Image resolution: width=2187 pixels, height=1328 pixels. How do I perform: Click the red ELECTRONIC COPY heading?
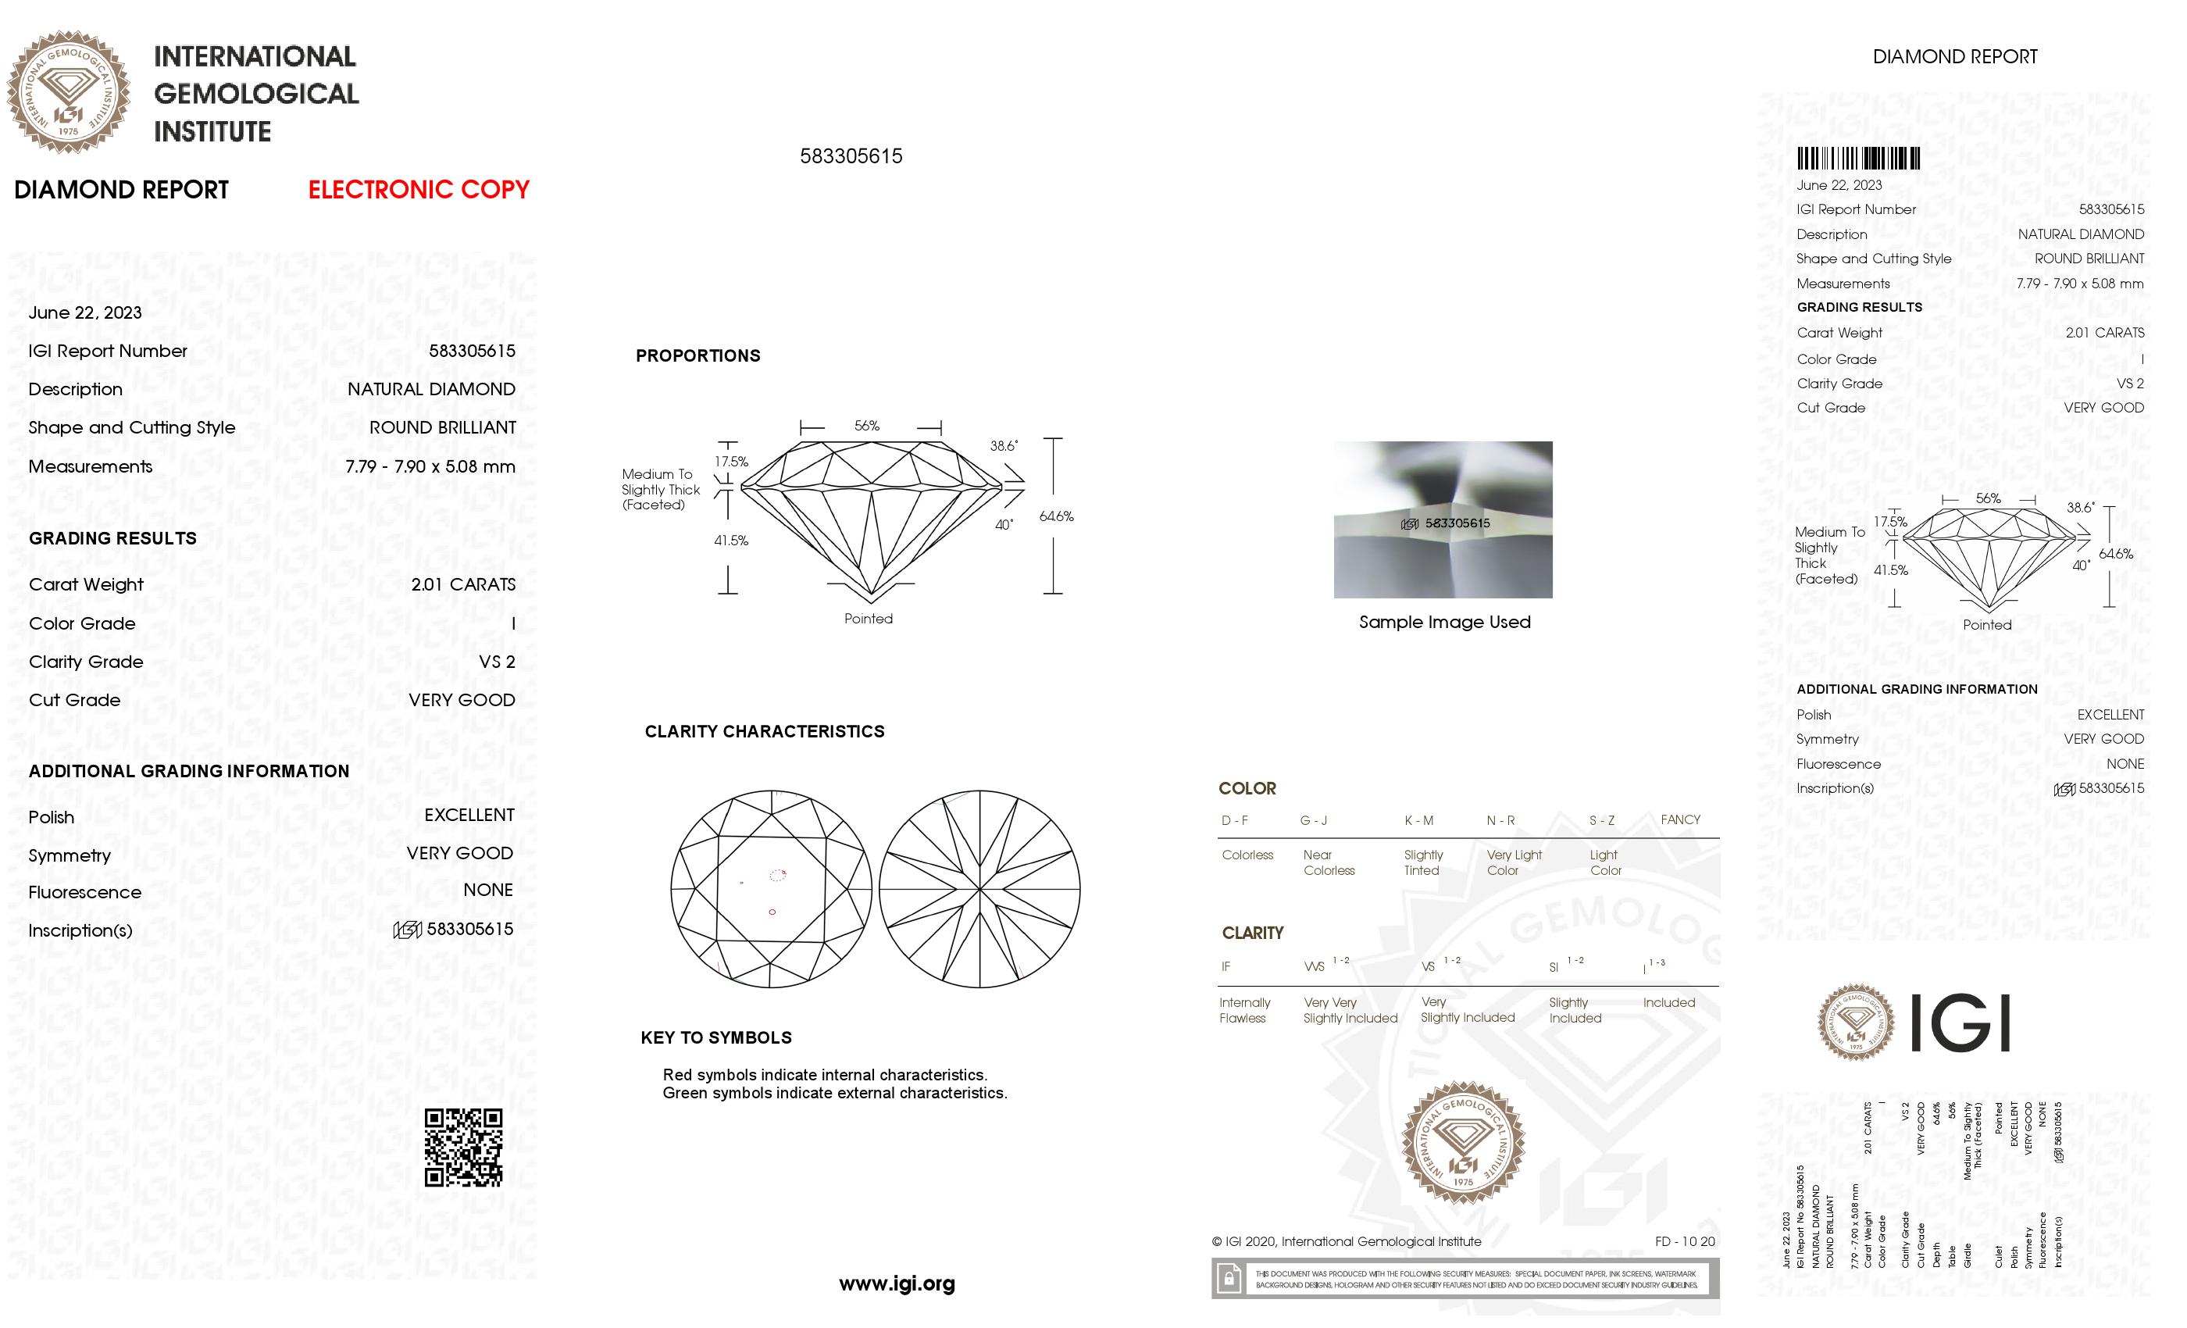pyautogui.click(x=418, y=189)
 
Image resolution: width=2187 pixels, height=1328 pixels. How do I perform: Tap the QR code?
pyautogui.click(x=463, y=1147)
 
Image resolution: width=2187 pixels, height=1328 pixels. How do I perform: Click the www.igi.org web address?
pyautogui.click(x=897, y=1283)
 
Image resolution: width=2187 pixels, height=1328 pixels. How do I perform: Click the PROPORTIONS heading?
pyautogui.click(x=697, y=356)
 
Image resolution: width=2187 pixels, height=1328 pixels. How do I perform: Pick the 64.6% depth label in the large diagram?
pyautogui.click(x=1056, y=516)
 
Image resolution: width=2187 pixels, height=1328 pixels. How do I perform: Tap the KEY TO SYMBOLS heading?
pyautogui.click(x=716, y=1037)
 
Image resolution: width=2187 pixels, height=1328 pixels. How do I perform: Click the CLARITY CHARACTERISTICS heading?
pyautogui.click(x=764, y=731)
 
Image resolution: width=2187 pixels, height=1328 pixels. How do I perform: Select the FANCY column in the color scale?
pyautogui.click(x=1680, y=819)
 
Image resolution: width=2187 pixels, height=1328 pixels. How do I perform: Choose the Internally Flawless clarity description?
pyautogui.click(x=1244, y=1010)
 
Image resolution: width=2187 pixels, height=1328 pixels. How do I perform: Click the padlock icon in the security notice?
pyautogui.click(x=1229, y=1280)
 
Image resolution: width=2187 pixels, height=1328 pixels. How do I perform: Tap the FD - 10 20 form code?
pyautogui.click(x=1685, y=1242)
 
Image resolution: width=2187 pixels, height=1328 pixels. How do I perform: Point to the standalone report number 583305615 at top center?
pyautogui.click(x=851, y=156)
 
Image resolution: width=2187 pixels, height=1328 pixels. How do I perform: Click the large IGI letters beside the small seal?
pyautogui.click(x=1959, y=1023)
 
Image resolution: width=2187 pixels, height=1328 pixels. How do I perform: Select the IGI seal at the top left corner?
pyautogui.click(x=69, y=92)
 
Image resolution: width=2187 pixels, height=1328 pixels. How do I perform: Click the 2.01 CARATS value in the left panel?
pyautogui.click(x=462, y=585)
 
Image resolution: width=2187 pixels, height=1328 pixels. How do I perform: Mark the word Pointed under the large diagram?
pyautogui.click(x=868, y=619)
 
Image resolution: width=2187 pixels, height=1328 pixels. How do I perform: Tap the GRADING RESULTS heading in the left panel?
pyautogui.click(x=112, y=539)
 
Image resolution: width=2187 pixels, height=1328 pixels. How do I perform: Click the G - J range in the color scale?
pyautogui.click(x=1314, y=820)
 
